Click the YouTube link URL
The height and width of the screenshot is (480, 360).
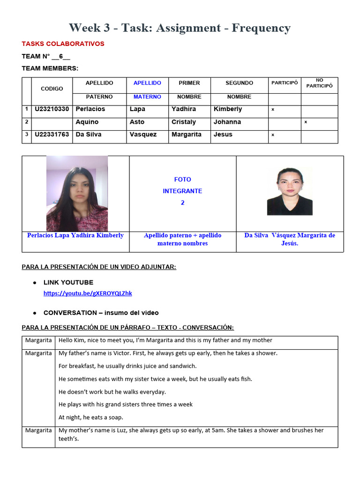pyautogui.click(x=88, y=293)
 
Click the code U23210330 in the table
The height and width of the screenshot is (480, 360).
pyautogui.click(x=52, y=109)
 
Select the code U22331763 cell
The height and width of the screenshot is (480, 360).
pyautogui.click(x=52, y=135)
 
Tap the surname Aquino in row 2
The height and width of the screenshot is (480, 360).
pyautogui.click(x=87, y=122)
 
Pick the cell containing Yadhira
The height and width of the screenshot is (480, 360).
pyautogui.click(x=183, y=109)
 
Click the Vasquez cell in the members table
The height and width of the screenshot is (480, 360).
pyautogui.click(x=143, y=135)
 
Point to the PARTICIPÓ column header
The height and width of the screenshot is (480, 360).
pyautogui.click(x=284, y=83)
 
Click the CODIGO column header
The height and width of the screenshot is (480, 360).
pyautogui.click(x=52, y=89)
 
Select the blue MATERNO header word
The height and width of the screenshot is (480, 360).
pyautogui.click(x=147, y=97)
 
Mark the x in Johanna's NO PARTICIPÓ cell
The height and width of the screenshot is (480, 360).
pyautogui.click(x=306, y=122)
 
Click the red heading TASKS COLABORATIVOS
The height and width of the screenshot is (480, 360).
pyautogui.click(x=63, y=44)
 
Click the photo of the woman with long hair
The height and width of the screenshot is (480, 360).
pyautogui.click(x=77, y=193)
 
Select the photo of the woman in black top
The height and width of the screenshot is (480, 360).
pyautogui.click(x=290, y=191)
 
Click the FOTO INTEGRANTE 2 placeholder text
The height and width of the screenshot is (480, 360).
pyautogui.click(x=182, y=191)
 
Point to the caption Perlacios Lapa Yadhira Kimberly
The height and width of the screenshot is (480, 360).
pyautogui.click(x=75, y=235)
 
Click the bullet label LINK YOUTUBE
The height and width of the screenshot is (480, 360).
pyautogui.click(x=68, y=283)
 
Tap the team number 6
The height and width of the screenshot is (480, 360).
pyautogui.click(x=60, y=56)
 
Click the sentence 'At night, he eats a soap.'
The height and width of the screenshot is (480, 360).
pyautogui.click(x=91, y=417)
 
